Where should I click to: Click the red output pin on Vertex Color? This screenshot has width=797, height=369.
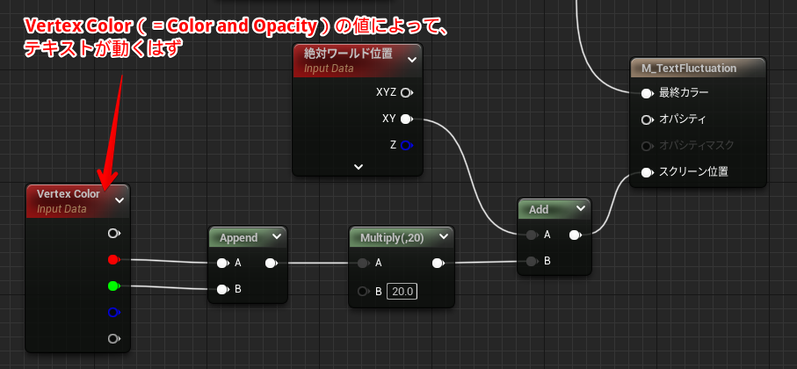[x=112, y=260]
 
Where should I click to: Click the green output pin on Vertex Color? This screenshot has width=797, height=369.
[x=112, y=286]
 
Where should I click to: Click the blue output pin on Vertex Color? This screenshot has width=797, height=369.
[x=112, y=312]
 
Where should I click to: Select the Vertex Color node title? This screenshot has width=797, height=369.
[x=69, y=193]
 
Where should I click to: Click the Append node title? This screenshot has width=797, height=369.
[x=238, y=237]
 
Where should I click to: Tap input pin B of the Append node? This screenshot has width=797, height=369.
[x=223, y=289]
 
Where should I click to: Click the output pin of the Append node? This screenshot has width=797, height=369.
[x=271, y=263]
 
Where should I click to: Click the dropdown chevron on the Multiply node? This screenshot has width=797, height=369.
[x=445, y=237]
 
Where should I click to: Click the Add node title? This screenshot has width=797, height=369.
[x=539, y=209]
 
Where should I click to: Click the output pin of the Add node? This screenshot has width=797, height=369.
[x=575, y=235]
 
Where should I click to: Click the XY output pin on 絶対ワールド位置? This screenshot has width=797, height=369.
[x=406, y=119]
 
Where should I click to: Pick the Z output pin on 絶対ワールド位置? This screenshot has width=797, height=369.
[x=406, y=145]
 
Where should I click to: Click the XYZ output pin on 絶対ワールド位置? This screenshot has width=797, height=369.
[x=406, y=92]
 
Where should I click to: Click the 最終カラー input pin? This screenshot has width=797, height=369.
[x=647, y=93]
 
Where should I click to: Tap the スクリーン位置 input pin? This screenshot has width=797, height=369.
[x=647, y=172]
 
